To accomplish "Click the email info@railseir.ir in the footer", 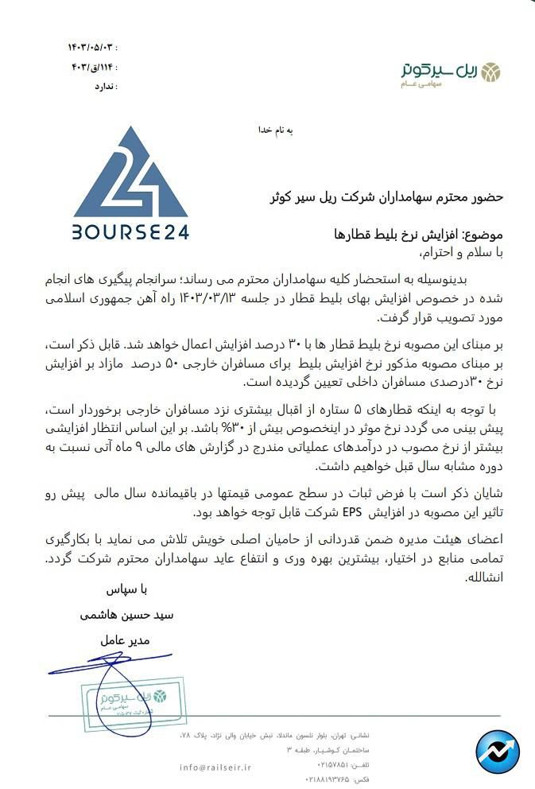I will click(x=215, y=767).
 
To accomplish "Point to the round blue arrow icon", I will click(x=497, y=752).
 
